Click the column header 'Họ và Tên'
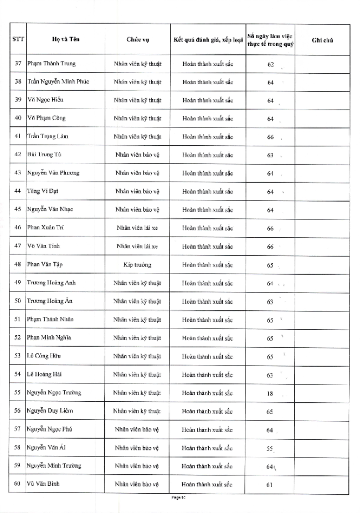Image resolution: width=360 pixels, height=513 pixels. click(x=59, y=39)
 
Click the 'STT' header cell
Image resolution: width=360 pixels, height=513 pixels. click(x=18, y=39)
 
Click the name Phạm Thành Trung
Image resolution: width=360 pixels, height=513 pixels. click(x=52, y=64)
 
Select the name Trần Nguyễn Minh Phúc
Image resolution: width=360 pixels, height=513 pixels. click(x=58, y=82)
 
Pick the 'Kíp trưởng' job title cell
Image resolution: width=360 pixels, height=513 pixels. click(x=137, y=265)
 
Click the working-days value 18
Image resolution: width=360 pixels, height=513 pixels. click(x=270, y=393)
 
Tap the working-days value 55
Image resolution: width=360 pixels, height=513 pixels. click(x=270, y=448)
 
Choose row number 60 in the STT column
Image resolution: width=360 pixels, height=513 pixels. click(x=18, y=485)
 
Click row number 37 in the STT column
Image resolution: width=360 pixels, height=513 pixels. click(x=18, y=64)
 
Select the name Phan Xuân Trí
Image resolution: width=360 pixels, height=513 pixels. click(x=47, y=228)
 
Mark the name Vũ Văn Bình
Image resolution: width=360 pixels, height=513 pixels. click(x=45, y=485)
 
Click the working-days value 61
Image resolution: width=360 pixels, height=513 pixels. click(x=270, y=485)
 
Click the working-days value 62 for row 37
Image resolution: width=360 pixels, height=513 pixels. click(x=270, y=64)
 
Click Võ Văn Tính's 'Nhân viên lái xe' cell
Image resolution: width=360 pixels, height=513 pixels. click(x=137, y=247)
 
